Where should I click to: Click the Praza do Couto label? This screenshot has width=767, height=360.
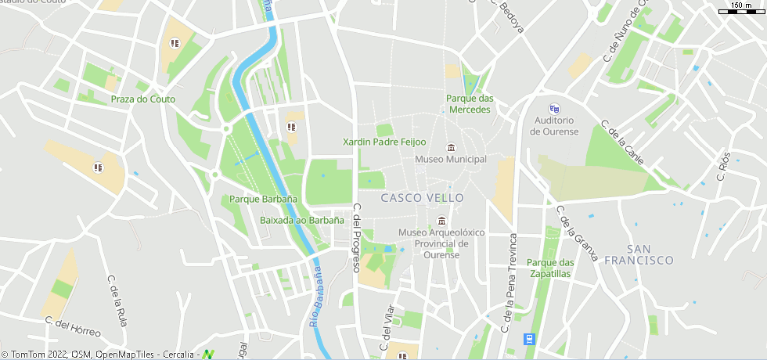coord(143,99)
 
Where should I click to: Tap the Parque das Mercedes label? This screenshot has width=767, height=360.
coord(470,104)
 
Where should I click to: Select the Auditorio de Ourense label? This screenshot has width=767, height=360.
coord(554,126)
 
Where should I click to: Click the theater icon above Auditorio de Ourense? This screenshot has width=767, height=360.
coord(554,109)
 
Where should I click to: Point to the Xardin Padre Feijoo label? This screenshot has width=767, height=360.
coord(384,142)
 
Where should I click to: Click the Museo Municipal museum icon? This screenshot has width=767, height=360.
coord(451,148)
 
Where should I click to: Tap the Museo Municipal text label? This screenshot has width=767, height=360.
coord(451,160)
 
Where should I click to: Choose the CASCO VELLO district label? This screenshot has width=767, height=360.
coord(422,198)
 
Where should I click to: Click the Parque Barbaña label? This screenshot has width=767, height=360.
coord(263,200)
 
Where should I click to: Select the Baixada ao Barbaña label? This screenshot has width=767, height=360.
coord(302,221)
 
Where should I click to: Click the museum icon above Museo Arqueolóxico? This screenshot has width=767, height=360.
coord(442,221)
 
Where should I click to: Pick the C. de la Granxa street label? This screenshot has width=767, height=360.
coord(576,233)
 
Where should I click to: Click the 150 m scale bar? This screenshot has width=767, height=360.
coord(741,9)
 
